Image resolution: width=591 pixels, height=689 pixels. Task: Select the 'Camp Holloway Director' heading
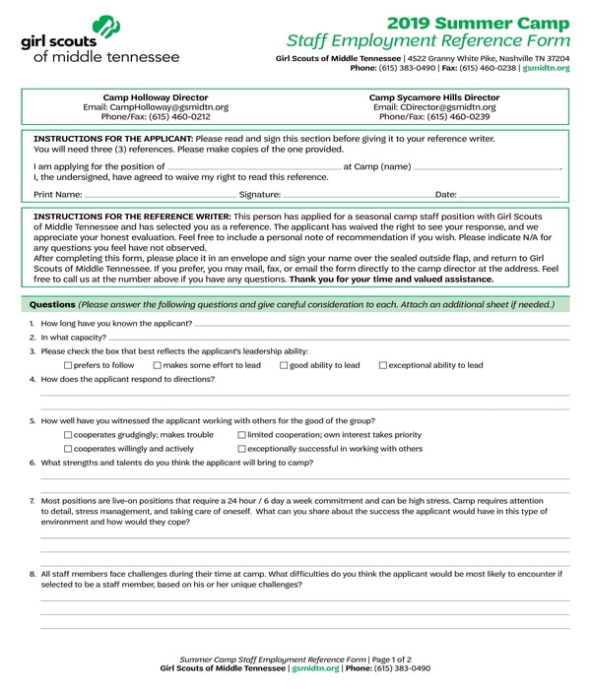coord(156,97)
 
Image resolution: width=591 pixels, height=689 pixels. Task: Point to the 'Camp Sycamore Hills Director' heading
coord(434,97)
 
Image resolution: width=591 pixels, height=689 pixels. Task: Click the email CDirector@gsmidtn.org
coord(434,106)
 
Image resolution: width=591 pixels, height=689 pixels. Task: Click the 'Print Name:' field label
coord(57,195)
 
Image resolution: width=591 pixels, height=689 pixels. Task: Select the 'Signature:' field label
coord(260,195)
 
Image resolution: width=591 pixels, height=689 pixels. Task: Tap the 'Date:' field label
coord(445,195)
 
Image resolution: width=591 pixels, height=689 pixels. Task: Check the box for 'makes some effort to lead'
coord(157,365)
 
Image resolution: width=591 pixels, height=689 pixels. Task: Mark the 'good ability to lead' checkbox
coord(283,365)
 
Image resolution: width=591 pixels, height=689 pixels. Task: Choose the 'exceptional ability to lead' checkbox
coord(382,365)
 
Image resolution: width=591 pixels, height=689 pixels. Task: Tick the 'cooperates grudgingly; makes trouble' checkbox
coord(68,434)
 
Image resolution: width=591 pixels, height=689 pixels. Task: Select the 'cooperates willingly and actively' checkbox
coord(68,448)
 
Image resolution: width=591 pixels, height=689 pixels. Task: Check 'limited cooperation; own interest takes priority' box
coord(241,434)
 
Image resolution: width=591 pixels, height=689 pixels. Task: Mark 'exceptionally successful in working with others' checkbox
coord(241,448)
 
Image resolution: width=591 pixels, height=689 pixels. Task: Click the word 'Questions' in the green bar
coord(52,304)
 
